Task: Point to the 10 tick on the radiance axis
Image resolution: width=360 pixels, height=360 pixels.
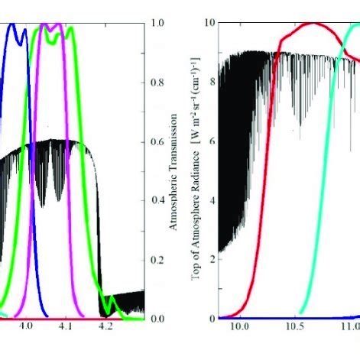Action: pos(210,23)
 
